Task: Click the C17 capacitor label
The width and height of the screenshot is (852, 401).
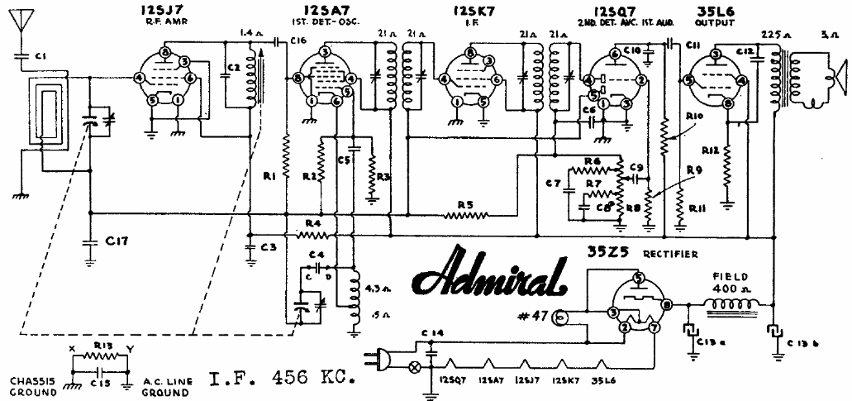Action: click(x=115, y=241)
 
